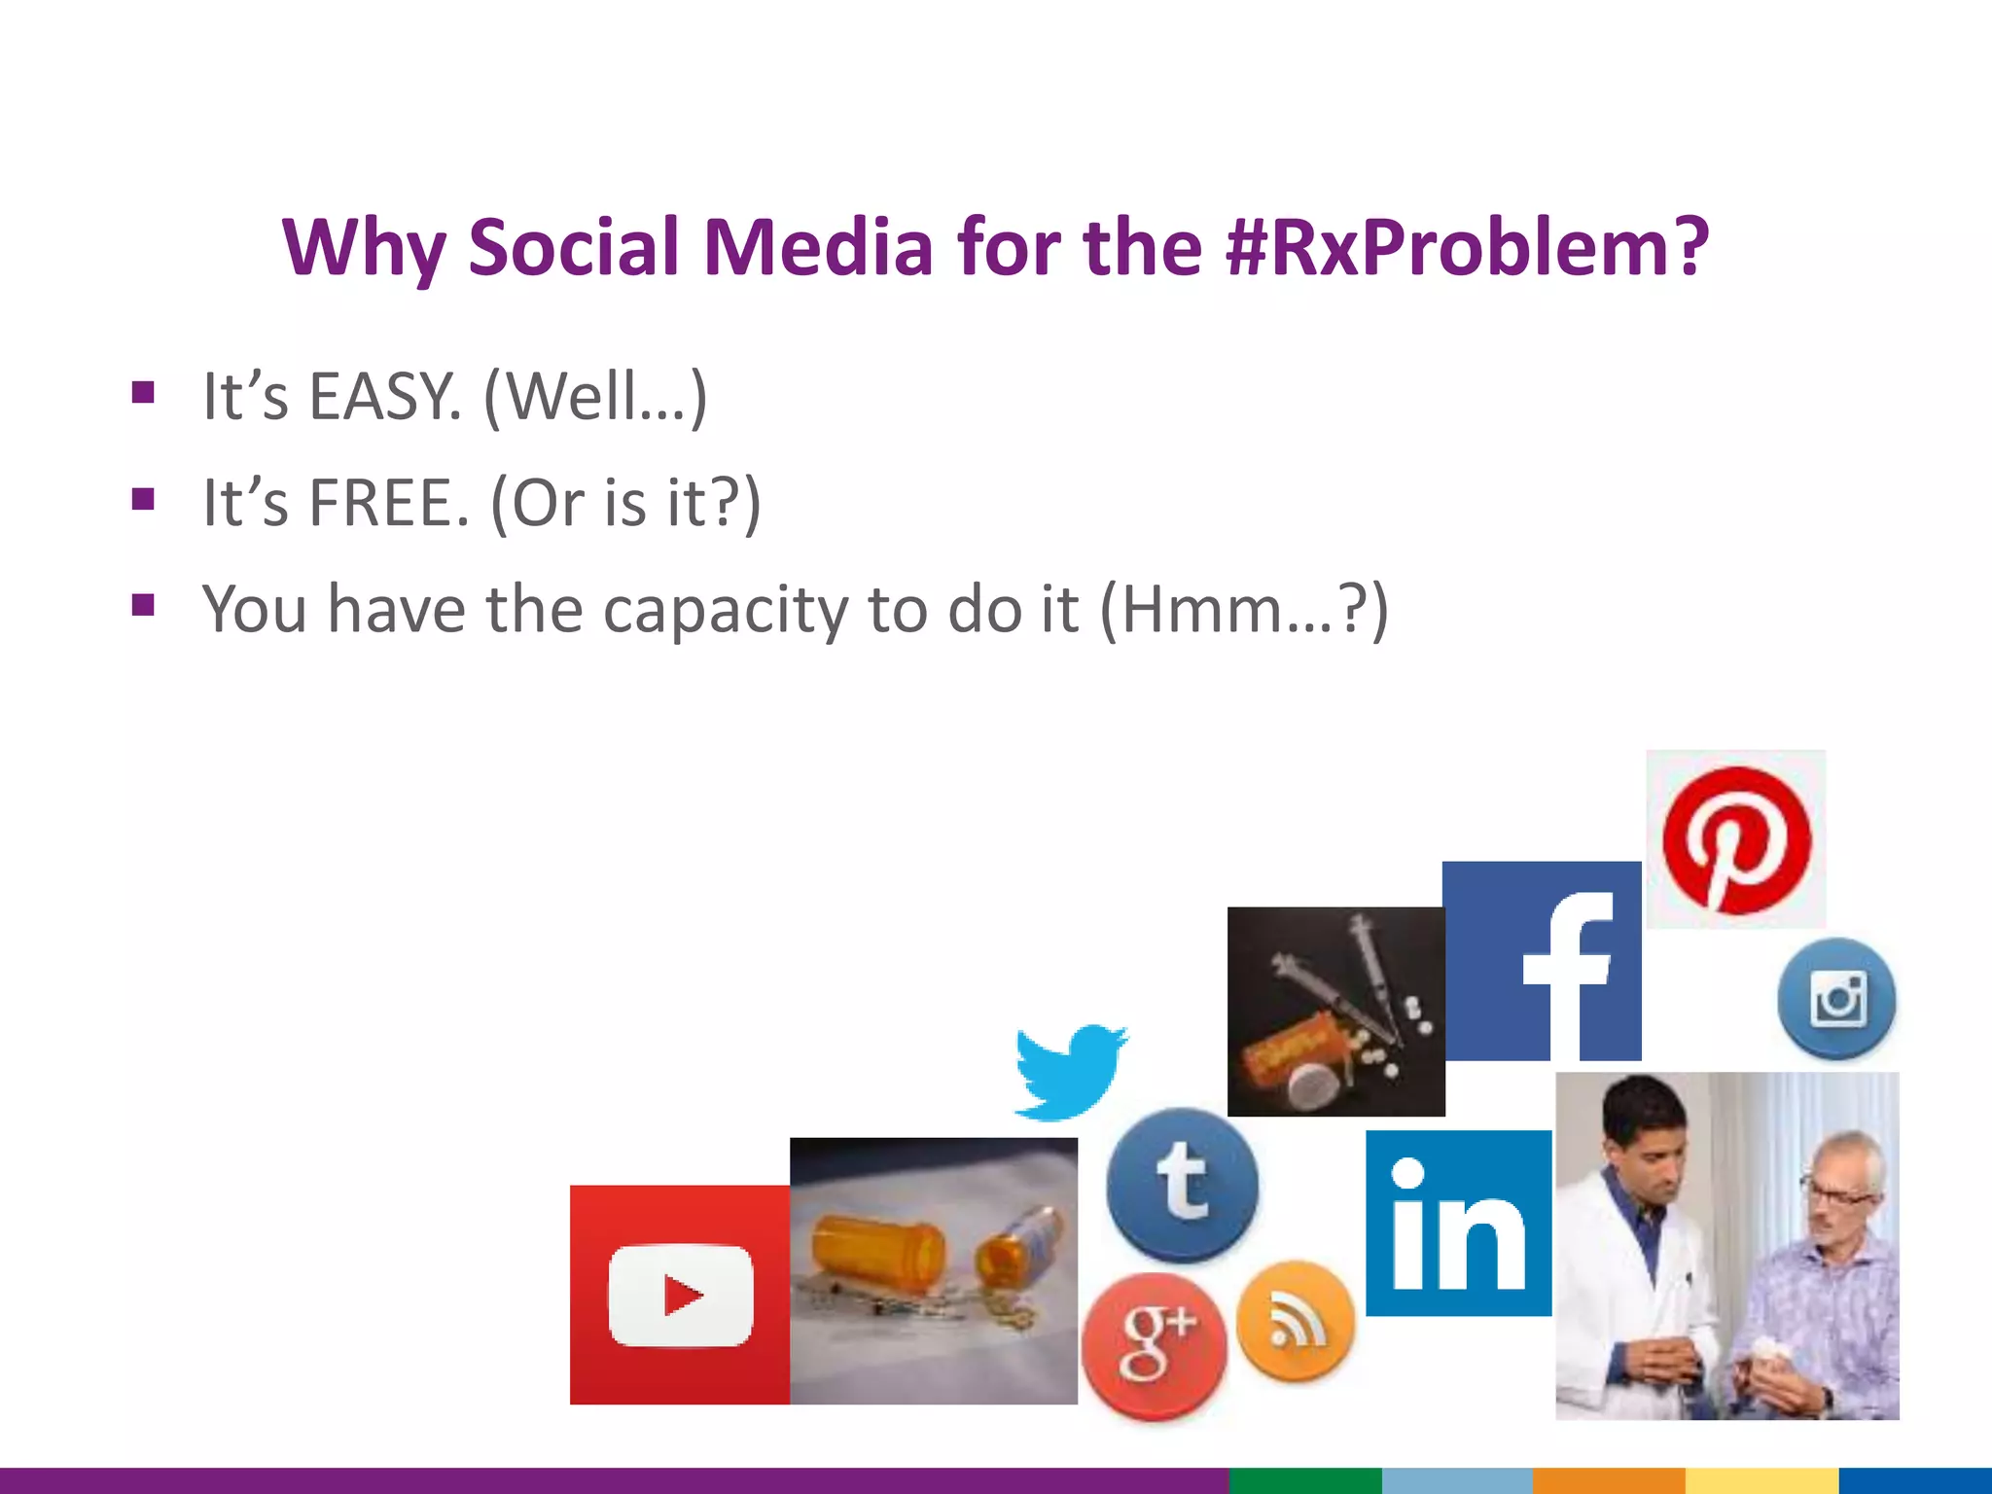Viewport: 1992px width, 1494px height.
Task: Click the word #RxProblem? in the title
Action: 1467,247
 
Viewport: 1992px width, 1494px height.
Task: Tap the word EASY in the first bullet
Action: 383,397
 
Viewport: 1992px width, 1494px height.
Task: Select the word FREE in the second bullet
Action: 389,503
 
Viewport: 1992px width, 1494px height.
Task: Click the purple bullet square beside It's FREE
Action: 144,500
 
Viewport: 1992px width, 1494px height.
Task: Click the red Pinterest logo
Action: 1736,839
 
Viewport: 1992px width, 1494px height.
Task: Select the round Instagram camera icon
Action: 1836,999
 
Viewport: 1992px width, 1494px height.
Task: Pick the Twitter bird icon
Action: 1070,1070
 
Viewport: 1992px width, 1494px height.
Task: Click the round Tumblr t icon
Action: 1182,1184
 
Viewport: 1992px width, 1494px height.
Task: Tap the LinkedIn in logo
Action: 1458,1224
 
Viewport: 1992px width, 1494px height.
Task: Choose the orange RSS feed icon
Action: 1295,1321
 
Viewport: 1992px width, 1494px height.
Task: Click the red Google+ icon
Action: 1154,1346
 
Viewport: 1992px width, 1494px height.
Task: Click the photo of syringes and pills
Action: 1335,1012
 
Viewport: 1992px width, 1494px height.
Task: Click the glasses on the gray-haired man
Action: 1833,1192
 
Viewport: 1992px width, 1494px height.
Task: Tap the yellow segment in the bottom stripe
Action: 1761,1480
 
